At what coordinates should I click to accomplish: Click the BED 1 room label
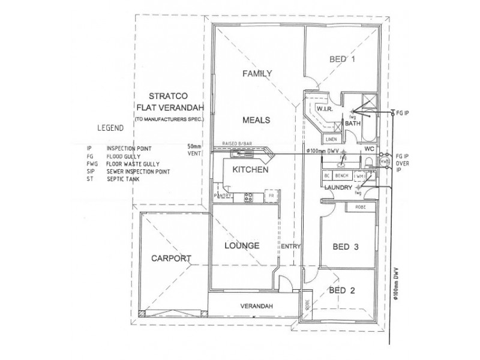click(x=344, y=59)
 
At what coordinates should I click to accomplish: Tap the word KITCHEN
click(x=250, y=170)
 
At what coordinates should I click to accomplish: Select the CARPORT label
click(x=171, y=259)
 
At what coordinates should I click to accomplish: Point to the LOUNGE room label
click(x=241, y=246)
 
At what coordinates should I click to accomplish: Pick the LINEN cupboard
click(x=331, y=139)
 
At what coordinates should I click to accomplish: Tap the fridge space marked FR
click(x=271, y=196)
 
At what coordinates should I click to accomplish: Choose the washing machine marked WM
click(x=359, y=176)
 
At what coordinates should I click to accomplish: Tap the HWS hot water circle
click(x=384, y=162)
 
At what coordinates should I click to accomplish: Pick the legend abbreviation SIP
click(x=91, y=171)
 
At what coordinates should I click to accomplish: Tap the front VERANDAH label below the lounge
click(x=257, y=307)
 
